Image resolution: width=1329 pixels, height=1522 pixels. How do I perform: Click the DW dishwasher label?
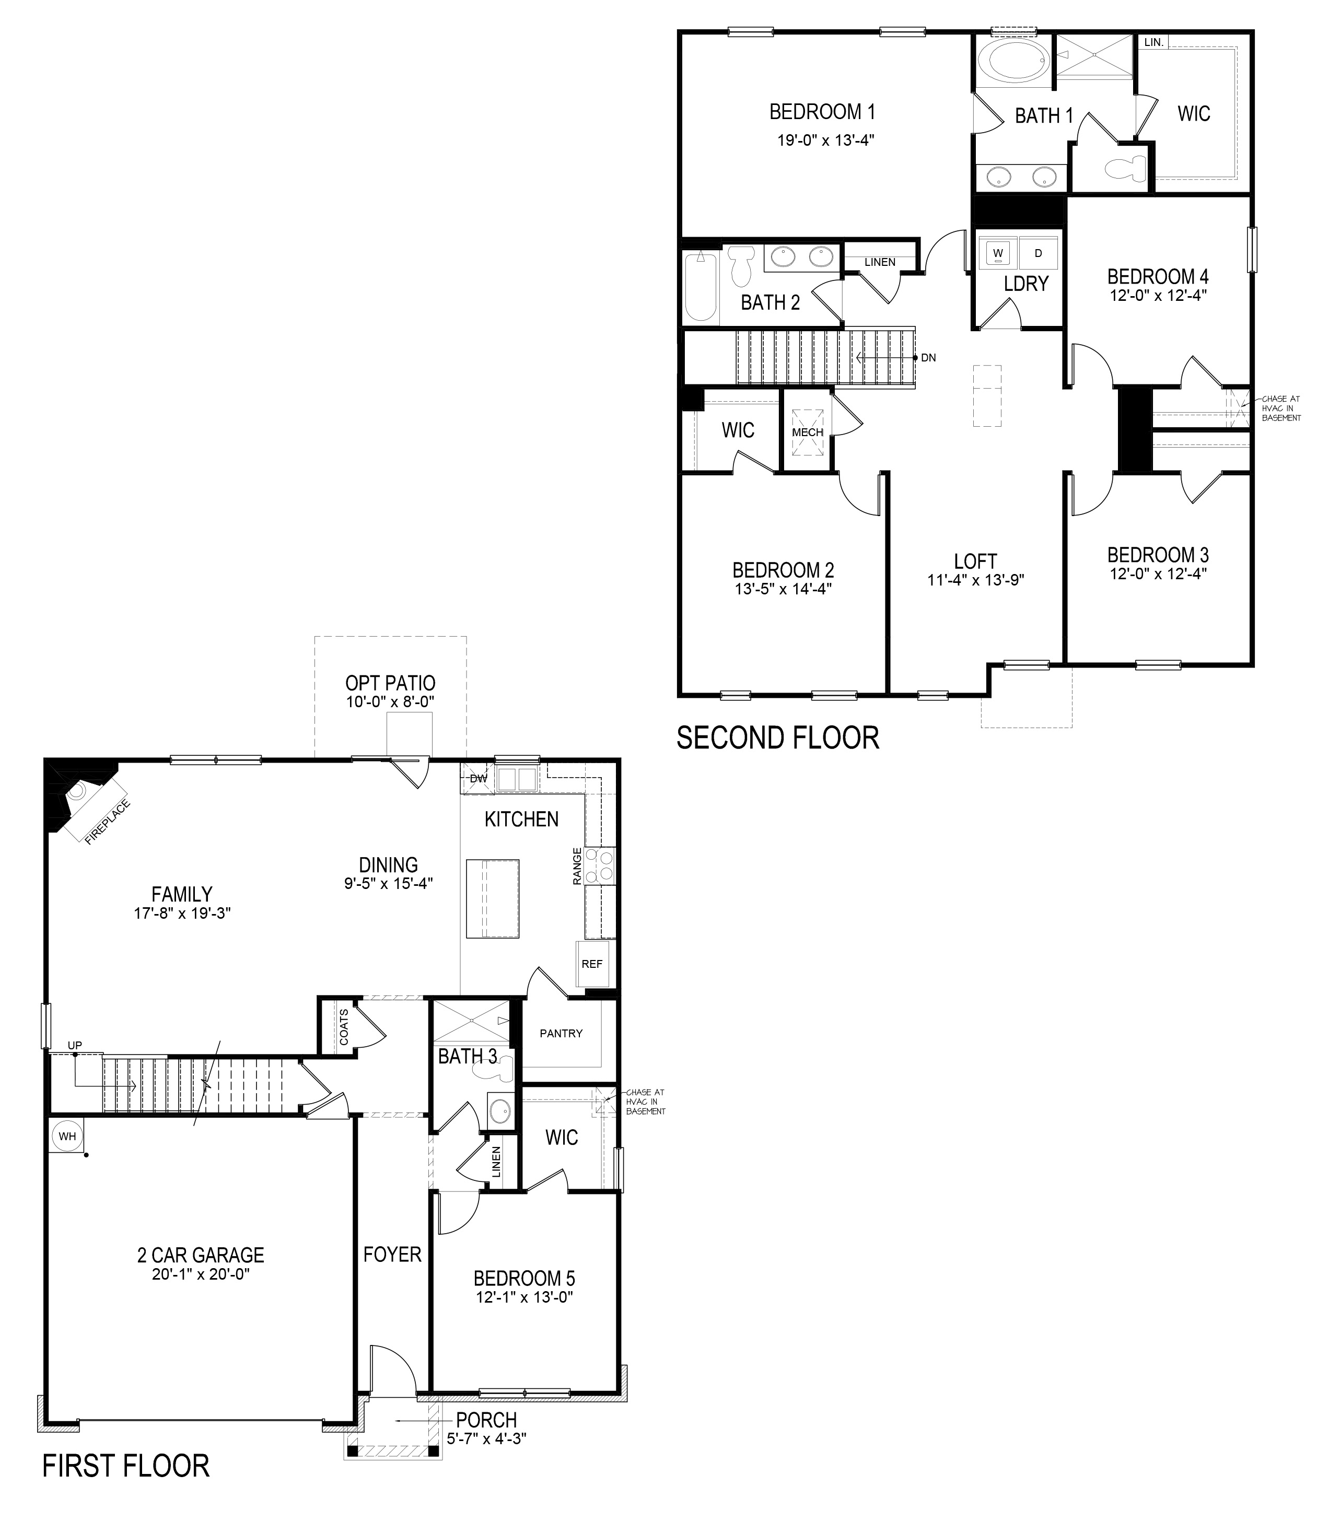[479, 778]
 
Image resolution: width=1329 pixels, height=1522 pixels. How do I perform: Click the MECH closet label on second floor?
[808, 432]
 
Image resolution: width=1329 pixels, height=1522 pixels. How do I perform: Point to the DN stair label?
[928, 357]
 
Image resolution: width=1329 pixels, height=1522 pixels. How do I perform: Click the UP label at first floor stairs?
[75, 1045]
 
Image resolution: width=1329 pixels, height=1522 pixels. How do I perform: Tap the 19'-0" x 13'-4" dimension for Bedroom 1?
[821, 140]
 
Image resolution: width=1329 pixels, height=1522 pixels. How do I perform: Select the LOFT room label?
[975, 561]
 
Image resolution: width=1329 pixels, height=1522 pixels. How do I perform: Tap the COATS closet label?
[343, 1027]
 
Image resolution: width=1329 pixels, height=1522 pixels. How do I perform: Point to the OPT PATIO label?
[390, 683]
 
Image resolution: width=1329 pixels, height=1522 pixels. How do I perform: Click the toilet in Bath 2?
[741, 267]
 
